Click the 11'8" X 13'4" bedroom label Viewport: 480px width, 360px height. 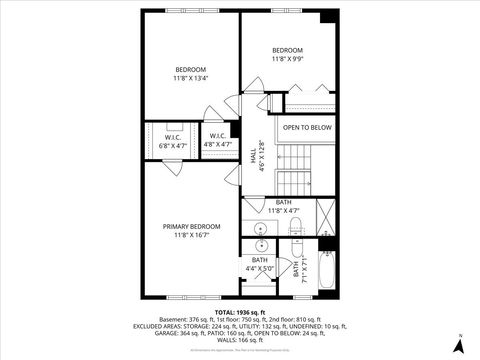click(x=190, y=73)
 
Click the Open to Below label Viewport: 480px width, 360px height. click(x=306, y=128)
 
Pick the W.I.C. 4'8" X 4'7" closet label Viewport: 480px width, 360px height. click(x=216, y=141)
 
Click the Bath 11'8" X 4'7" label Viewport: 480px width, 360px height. click(x=284, y=206)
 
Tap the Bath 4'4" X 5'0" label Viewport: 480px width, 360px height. click(x=259, y=264)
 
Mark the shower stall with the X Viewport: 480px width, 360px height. click(x=325, y=216)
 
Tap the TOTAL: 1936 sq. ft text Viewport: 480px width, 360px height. click(x=240, y=311)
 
